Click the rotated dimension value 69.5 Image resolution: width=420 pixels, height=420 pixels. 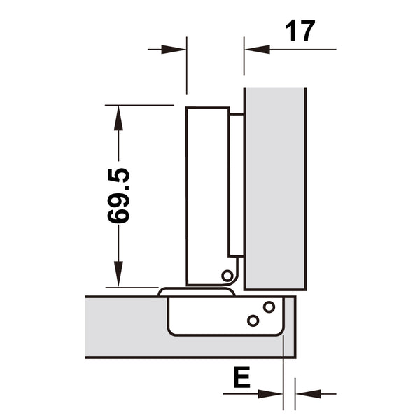click(119, 195)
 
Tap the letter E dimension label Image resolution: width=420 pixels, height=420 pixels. click(241, 379)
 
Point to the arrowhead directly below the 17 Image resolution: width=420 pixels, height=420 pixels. click(255, 49)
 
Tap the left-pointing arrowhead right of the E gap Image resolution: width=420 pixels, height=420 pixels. click(307, 393)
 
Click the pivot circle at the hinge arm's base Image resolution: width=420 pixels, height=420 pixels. click(227, 275)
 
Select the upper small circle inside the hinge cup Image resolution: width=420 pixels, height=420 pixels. click(269, 307)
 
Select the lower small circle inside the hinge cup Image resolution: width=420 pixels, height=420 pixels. click(253, 321)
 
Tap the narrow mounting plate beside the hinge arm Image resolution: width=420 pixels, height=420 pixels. click(237, 185)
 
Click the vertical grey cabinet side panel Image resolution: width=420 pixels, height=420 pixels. click(274, 189)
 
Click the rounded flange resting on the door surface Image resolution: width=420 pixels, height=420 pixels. click(196, 291)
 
